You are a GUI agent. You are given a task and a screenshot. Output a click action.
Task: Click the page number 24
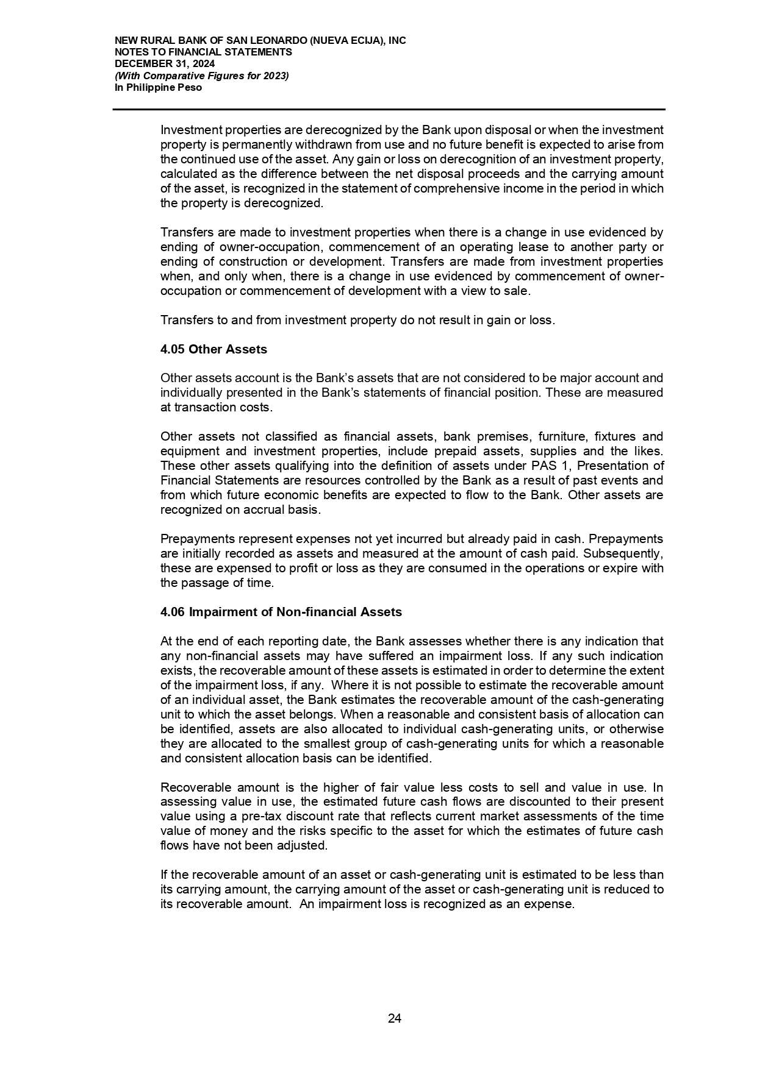point(394,1018)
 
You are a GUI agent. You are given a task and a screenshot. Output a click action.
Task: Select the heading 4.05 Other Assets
point(213,349)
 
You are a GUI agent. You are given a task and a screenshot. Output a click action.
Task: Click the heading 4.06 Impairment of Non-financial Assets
point(281,612)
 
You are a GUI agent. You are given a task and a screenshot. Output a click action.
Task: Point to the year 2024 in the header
point(203,64)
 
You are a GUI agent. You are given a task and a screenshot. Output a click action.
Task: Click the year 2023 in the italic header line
point(275,76)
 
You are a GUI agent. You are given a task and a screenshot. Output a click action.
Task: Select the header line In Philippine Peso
point(158,87)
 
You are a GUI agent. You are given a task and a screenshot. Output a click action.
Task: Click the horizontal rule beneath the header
point(389,110)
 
